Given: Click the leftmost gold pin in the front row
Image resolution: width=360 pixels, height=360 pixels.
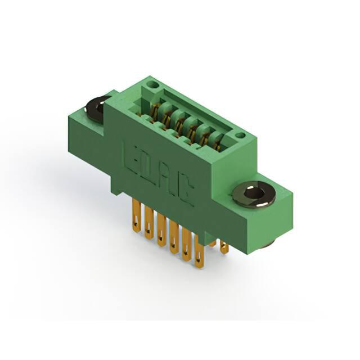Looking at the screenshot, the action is point(137,215).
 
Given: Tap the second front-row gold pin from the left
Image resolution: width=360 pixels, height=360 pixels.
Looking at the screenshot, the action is point(149,222).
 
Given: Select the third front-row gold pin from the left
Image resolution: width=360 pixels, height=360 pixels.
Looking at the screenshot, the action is point(161,229).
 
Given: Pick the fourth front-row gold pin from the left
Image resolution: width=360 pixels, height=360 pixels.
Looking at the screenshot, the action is point(174,236).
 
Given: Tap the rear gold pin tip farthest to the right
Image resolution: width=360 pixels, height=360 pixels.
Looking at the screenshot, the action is point(224,247).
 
